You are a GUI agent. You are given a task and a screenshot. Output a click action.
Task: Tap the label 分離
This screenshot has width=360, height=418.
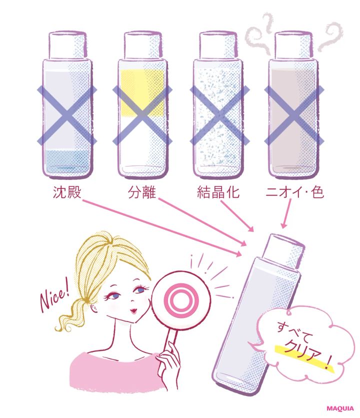tap(142, 192)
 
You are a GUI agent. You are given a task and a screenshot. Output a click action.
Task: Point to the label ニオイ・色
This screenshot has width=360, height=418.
tap(293, 192)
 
